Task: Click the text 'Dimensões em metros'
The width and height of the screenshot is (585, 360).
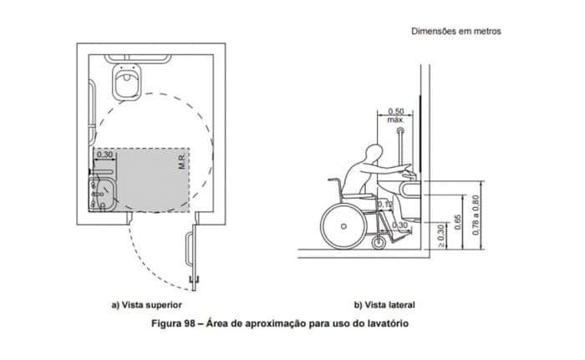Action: [x=456, y=31]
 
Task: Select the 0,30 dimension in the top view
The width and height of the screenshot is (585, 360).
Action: [x=105, y=155]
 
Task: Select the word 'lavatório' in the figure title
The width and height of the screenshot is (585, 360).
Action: [x=387, y=322]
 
